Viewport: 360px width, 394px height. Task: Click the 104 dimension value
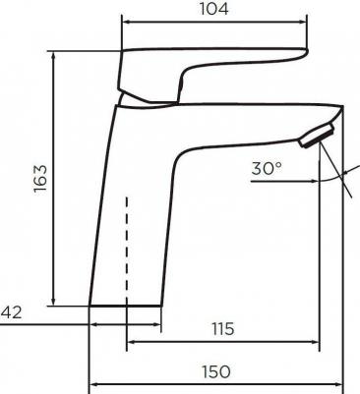tap(213, 9)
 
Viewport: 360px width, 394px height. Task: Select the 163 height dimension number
tap(40, 179)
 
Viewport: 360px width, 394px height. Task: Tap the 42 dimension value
tap(11, 312)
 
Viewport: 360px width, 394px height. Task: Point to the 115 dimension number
tap(223, 329)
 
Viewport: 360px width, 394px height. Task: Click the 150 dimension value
tap(216, 371)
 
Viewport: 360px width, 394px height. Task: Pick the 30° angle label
tap(267, 168)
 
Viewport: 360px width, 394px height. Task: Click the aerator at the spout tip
tap(317, 136)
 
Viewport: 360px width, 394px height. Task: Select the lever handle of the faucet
tap(212, 75)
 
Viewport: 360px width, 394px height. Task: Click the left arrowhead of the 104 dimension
tap(127, 23)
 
